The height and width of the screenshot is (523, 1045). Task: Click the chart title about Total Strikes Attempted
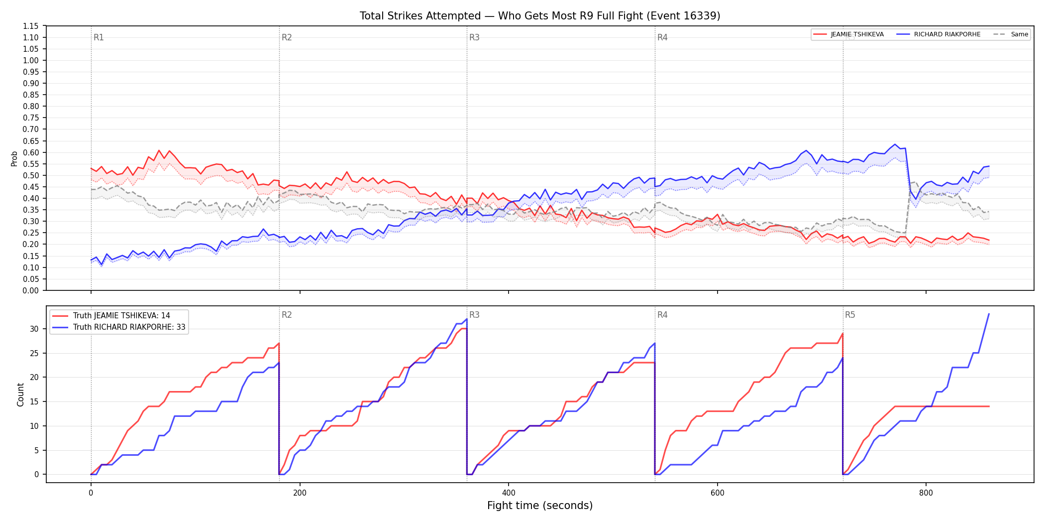point(540,16)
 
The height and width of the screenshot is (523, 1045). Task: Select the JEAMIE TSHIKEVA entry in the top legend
point(848,34)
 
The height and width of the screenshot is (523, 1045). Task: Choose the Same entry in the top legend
point(1011,34)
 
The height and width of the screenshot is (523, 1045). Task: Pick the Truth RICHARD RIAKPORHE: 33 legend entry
point(119,327)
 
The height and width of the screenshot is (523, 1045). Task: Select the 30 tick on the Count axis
point(34,329)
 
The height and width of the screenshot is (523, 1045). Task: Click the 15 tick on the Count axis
point(34,401)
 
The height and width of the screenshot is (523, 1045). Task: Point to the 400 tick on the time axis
point(508,493)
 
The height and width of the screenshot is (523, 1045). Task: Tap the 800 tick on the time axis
point(926,493)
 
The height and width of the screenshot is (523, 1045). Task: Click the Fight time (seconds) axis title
point(540,506)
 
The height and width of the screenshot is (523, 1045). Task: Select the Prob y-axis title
point(14,158)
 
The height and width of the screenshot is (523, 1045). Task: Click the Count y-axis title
point(20,394)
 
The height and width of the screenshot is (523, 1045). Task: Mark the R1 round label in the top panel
point(99,37)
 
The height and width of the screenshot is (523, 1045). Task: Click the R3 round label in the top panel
point(474,37)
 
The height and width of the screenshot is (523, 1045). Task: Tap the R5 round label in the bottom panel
point(850,315)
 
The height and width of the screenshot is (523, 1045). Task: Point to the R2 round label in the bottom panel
point(287,315)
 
